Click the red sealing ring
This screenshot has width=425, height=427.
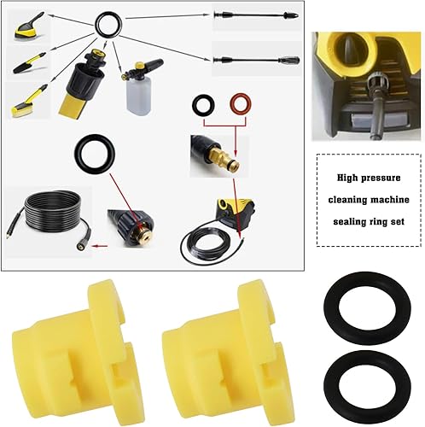pos(241,96)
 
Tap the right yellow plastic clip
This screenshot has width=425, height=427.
pos(228,353)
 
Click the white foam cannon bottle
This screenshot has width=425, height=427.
pos(138,97)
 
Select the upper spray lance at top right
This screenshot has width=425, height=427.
pos(256,15)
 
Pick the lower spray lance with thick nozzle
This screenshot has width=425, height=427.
pos(256,60)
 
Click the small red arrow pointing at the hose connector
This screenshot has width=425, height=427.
pos(101,246)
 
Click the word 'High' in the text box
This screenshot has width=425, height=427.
pos(347,178)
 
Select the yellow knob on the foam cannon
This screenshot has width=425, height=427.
pos(140,65)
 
